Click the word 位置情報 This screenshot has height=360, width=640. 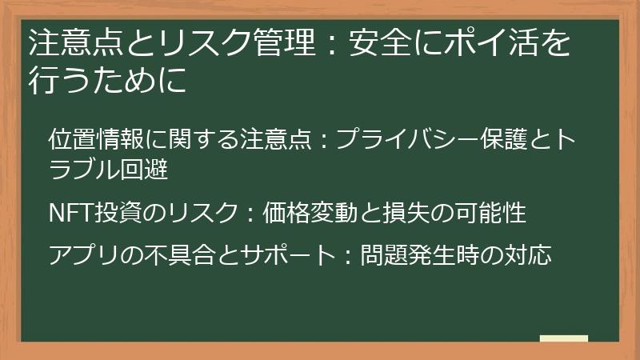[96, 139]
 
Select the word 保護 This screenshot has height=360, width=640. [507, 139]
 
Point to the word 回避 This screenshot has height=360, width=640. [149, 170]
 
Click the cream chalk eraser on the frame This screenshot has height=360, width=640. [563, 338]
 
